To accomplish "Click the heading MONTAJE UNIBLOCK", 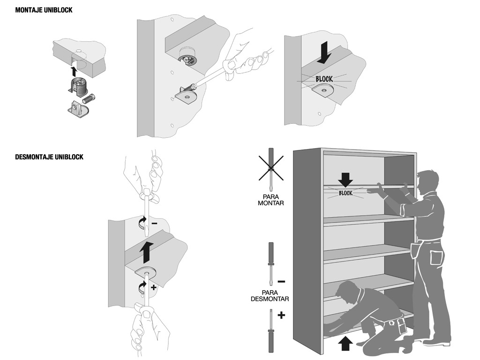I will click(44, 9).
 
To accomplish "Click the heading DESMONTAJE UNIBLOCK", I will click(49, 157).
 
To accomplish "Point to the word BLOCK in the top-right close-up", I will click(324, 79).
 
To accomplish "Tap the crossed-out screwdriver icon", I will click(270, 167).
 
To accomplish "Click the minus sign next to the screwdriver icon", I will click(281, 282).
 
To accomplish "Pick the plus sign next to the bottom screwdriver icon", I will click(281, 315).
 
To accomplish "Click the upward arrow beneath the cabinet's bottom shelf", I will click(345, 344).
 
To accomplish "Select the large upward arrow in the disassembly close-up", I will click(147, 252).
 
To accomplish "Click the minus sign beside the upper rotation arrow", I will click(155, 224).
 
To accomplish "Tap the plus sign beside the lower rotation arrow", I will click(153, 286).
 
